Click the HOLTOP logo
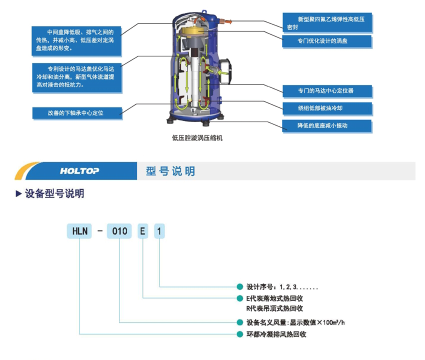(79, 171)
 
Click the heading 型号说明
(170, 171)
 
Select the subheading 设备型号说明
(54, 193)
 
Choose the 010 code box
(120, 231)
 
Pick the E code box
(143, 231)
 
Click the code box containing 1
(159, 231)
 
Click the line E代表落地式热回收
(274, 298)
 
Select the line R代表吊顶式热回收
(274, 308)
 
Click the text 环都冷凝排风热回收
(276, 334)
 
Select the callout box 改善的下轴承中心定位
(77, 113)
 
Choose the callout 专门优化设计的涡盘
(327, 41)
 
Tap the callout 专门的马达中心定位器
(327, 91)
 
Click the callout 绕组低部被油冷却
(327, 108)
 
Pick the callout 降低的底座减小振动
(327, 125)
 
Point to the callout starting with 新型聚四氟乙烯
(327, 22)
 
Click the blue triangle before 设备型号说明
(18, 193)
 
